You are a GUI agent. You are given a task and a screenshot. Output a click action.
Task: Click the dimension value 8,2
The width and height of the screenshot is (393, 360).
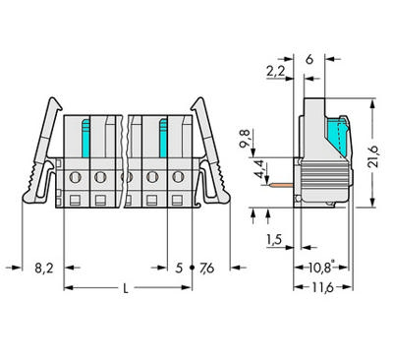44,269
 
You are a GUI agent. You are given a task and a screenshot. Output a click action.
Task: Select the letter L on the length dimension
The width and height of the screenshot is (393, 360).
126,288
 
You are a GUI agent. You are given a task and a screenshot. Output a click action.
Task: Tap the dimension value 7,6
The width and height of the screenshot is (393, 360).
206,269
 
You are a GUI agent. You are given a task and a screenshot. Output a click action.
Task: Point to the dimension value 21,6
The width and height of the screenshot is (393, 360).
373,157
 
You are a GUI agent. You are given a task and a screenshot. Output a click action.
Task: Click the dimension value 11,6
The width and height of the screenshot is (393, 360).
322,288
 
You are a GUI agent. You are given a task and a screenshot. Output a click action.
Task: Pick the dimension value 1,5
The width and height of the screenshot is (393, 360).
274,240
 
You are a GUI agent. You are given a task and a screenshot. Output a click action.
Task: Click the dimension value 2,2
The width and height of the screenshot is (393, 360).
276,72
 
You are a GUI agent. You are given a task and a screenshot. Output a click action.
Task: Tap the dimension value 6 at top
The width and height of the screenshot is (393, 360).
309,59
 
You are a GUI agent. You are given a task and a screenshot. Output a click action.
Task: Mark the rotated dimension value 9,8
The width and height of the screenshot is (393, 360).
246,139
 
